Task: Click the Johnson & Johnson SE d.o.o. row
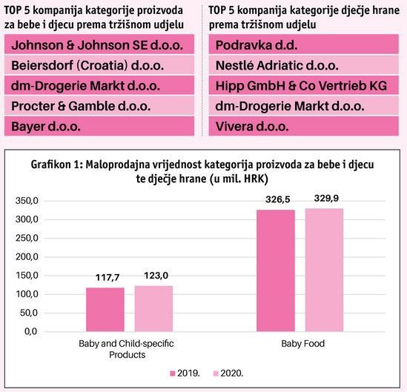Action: click(x=99, y=44)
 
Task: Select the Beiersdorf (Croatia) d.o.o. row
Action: click(x=99, y=65)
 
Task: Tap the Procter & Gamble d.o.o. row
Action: click(x=99, y=106)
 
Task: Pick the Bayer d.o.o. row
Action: click(x=99, y=126)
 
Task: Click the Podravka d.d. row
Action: click(x=304, y=44)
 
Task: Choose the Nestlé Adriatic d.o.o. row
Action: click(x=304, y=65)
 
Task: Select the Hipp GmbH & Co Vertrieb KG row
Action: click(x=304, y=85)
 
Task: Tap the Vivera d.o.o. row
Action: click(x=304, y=126)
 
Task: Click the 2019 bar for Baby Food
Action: click(x=276, y=270)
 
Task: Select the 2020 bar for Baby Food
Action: click(x=324, y=270)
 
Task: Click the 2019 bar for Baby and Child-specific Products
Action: click(x=105, y=310)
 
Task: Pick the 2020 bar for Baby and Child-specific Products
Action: click(x=153, y=309)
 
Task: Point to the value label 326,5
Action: click(x=277, y=199)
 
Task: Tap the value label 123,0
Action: click(x=156, y=276)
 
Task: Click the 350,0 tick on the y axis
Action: click(x=27, y=201)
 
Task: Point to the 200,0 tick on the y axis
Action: click(x=27, y=257)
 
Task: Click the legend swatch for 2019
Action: click(x=173, y=373)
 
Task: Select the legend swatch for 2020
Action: click(x=216, y=373)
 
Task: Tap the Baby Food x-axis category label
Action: click(x=303, y=344)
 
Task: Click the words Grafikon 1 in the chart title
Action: click(x=56, y=165)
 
